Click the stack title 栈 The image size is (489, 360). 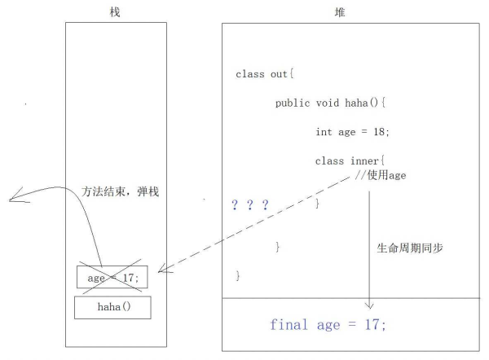[116, 12]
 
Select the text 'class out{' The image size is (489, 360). [264, 74]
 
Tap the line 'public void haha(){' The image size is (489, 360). [334, 103]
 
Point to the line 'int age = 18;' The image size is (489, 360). [354, 132]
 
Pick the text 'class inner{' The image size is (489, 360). [347, 160]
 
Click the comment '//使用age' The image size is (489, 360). [381, 174]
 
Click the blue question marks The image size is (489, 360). [250, 204]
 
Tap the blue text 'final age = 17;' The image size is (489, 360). [328, 324]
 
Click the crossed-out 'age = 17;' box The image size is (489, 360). [112, 277]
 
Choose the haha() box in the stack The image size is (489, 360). [113, 307]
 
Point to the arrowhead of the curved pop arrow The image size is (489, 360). [11, 199]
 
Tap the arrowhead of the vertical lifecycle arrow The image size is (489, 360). [369, 305]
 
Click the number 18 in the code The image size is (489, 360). [379, 132]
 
